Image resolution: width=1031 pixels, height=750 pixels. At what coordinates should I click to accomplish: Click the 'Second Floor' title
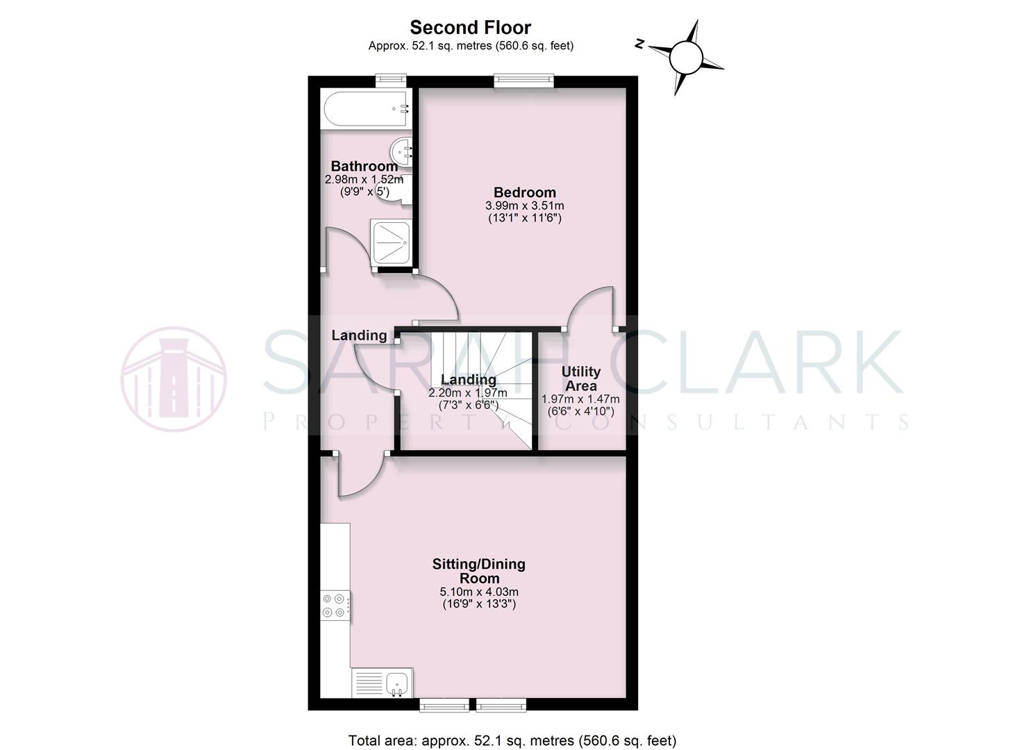click(x=470, y=28)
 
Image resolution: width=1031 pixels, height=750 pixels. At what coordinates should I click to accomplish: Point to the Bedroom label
click(x=524, y=192)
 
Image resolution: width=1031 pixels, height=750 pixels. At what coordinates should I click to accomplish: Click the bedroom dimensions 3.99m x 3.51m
click(x=524, y=206)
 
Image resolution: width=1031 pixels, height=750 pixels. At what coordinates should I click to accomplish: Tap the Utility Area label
click(x=581, y=379)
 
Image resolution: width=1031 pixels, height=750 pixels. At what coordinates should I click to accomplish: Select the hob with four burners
click(x=335, y=605)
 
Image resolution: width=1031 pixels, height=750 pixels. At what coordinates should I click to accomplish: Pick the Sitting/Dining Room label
click(x=478, y=571)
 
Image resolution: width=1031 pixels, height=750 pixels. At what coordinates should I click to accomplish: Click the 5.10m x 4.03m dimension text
click(x=479, y=592)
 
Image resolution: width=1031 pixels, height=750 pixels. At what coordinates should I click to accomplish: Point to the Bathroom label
click(x=364, y=166)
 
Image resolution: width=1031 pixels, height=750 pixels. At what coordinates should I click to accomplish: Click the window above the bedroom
click(x=524, y=81)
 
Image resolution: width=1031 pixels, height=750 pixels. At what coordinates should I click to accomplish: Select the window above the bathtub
click(x=390, y=81)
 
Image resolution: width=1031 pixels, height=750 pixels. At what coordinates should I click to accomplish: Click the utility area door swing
click(x=592, y=306)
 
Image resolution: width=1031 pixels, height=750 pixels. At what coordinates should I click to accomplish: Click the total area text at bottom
click(x=512, y=740)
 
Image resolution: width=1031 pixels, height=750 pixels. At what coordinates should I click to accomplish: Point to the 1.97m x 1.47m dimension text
click(x=580, y=399)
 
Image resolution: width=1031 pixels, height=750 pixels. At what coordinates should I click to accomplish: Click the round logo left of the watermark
click(x=174, y=379)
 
